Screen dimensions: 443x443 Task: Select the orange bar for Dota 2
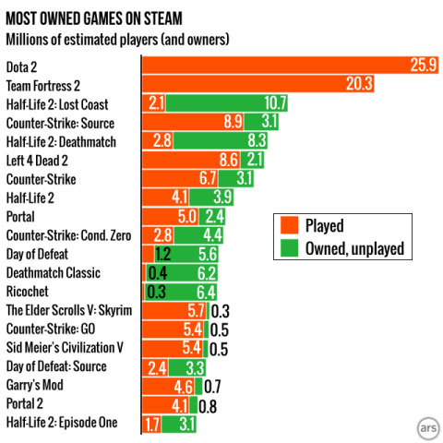277,65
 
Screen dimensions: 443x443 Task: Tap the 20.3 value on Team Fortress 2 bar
359,84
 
